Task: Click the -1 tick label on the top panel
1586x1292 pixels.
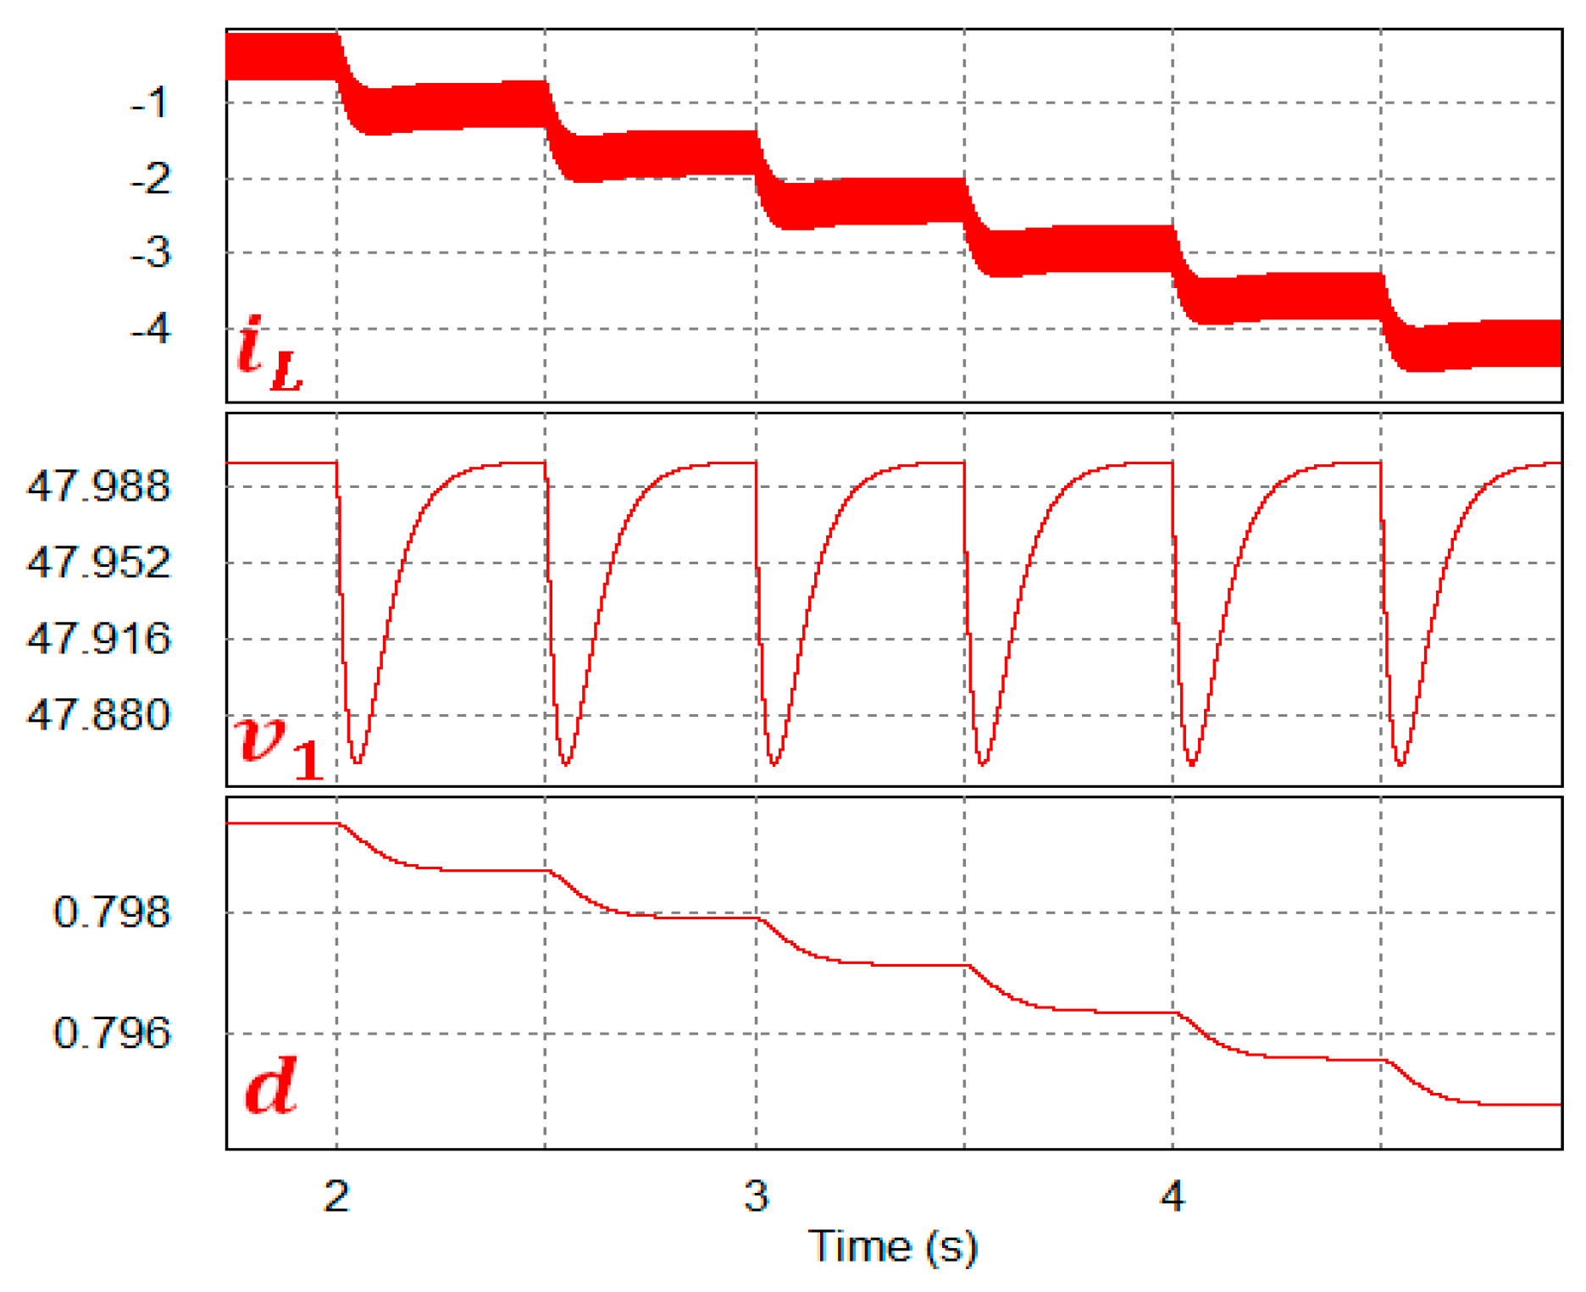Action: click(150, 103)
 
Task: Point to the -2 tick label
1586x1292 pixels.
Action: click(150, 180)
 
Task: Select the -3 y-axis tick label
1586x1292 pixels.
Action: click(150, 253)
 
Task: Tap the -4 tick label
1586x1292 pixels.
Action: click(150, 328)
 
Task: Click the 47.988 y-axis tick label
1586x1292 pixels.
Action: click(98, 487)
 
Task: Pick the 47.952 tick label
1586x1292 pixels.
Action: click(98, 563)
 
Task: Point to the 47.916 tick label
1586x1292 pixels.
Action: click(98, 639)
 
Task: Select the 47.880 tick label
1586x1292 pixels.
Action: click(98, 716)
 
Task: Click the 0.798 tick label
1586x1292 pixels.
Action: click(111, 913)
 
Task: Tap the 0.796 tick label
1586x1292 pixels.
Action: click(111, 1034)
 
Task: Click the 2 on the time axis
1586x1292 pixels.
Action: click(337, 1196)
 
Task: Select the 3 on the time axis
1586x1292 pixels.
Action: click(757, 1196)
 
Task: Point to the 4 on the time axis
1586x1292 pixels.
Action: click(1173, 1196)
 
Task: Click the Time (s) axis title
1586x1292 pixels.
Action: click(893, 1247)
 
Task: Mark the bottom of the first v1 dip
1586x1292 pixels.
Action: click(358, 762)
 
